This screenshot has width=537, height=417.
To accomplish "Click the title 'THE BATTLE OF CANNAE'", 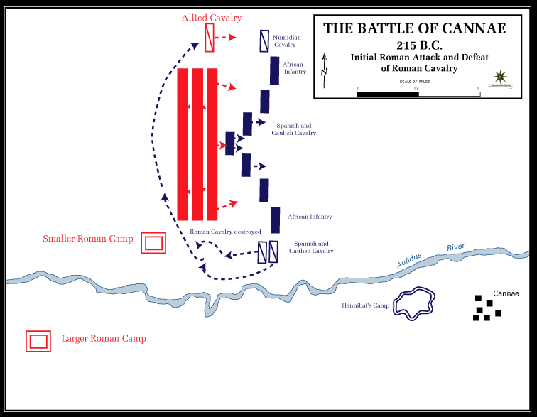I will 415,28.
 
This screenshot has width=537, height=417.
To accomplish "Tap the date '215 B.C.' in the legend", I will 415,44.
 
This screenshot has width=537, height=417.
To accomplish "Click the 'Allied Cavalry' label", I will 212,17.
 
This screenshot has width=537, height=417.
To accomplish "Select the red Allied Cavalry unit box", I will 210,38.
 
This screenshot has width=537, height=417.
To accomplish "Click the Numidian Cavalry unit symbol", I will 264,40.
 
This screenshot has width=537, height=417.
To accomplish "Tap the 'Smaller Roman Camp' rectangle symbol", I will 154,243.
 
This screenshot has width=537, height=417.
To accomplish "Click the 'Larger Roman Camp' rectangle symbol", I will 38,341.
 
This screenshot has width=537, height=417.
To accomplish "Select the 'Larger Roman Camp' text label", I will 104,339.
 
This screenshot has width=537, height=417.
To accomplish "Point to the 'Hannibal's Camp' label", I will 367,306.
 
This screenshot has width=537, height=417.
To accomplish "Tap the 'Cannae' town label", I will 506,293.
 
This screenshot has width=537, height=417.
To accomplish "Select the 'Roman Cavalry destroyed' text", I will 225,232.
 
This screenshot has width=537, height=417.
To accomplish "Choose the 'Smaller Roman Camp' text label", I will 88,239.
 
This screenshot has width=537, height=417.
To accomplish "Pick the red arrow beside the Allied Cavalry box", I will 229,38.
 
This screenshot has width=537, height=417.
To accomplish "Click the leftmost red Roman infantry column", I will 183,144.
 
